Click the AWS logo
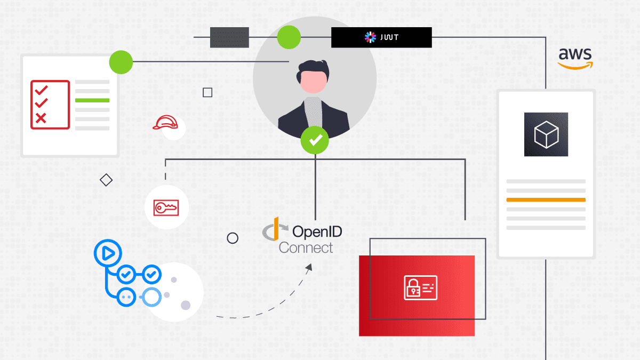tap(574, 58)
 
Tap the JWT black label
tap(381, 37)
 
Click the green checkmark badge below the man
tap(315, 140)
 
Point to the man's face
tap(313, 83)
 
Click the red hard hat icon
tap(165, 123)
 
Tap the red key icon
tap(166, 207)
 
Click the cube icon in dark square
tap(546, 134)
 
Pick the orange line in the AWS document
tap(546, 200)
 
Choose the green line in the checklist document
tap(92, 100)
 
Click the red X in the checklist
tap(41, 118)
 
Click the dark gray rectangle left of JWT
tap(229, 37)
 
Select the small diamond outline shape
tap(106, 180)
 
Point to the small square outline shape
tap(207, 93)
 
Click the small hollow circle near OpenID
tap(233, 238)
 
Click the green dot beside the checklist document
tap(121, 62)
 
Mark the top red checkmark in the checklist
tap(41, 89)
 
